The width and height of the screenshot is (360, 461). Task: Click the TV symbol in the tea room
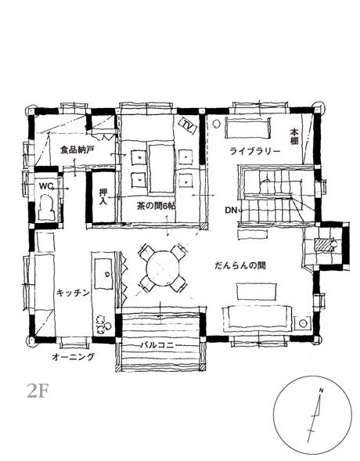click(x=188, y=125)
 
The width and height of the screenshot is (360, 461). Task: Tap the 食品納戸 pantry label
click(x=77, y=150)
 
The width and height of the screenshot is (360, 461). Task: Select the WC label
click(x=46, y=186)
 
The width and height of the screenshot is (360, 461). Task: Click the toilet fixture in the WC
click(x=47, y=207)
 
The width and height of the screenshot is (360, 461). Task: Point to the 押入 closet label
click(x=103, y=197)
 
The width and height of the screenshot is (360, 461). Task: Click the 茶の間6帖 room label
click(x=156, y=206)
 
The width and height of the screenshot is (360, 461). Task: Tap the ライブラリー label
click(x=255, y=151)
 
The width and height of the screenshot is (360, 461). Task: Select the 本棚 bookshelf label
click(x=294, y=136)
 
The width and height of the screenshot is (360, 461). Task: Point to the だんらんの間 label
click(x=240, y=266)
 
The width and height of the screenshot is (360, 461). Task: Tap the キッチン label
click(x=73, y=293)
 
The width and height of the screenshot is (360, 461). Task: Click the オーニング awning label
click(x=74, y=357)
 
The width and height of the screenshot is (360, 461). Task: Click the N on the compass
click(x=321, y=391)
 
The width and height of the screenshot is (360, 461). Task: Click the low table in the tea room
click(x=161, y=167)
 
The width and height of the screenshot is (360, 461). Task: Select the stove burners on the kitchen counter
click(x=103, y=324)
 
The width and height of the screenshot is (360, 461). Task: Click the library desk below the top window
click(x=247, y=128)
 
